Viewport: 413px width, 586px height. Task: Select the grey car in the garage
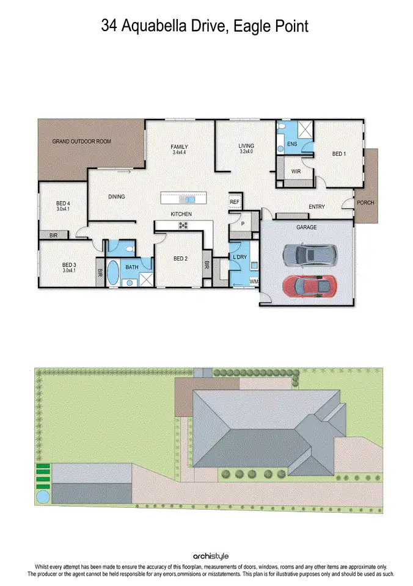tap(310, 254)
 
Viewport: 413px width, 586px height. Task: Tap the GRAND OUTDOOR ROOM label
tap(81, 142)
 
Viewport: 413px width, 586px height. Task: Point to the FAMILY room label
tap(179, 146)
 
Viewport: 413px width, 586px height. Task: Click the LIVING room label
tap(246, 146)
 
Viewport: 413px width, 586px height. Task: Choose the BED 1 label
tap(339, 154)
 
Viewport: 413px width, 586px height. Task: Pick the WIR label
tap(296, 172)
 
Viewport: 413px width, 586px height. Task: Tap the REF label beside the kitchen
tap(235, 201)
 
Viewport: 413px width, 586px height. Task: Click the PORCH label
tap(365, 203)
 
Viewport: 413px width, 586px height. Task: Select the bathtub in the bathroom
tap(114, 273)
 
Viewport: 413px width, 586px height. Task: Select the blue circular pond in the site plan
tap(43, 497)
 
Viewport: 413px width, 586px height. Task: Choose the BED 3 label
tap(69, 265)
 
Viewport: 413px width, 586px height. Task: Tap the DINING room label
tap(116, 197)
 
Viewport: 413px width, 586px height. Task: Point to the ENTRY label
tap(316, 207)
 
